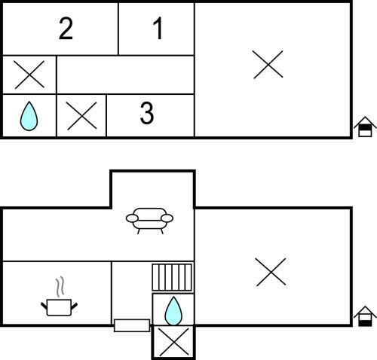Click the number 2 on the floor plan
point(66,29)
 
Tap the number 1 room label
point(158,29)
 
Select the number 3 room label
point(147,114)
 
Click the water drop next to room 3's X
point(29,116)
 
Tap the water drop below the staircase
point(173,311)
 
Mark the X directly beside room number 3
point(81,116)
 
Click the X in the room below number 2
point(29,75)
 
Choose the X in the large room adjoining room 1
point(268,65)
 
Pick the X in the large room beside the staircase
point(271,272)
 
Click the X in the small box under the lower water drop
point(174,342)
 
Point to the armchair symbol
point(149,221)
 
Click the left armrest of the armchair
point(132,218)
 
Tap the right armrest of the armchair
point(167,218)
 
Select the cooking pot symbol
point(59,307)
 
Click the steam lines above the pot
point(60,286)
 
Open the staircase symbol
point(172,277)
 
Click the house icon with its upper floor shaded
point(365,127)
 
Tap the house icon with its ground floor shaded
point(365,316)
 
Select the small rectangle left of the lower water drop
point(132,325)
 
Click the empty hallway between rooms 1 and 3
point(125,75)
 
